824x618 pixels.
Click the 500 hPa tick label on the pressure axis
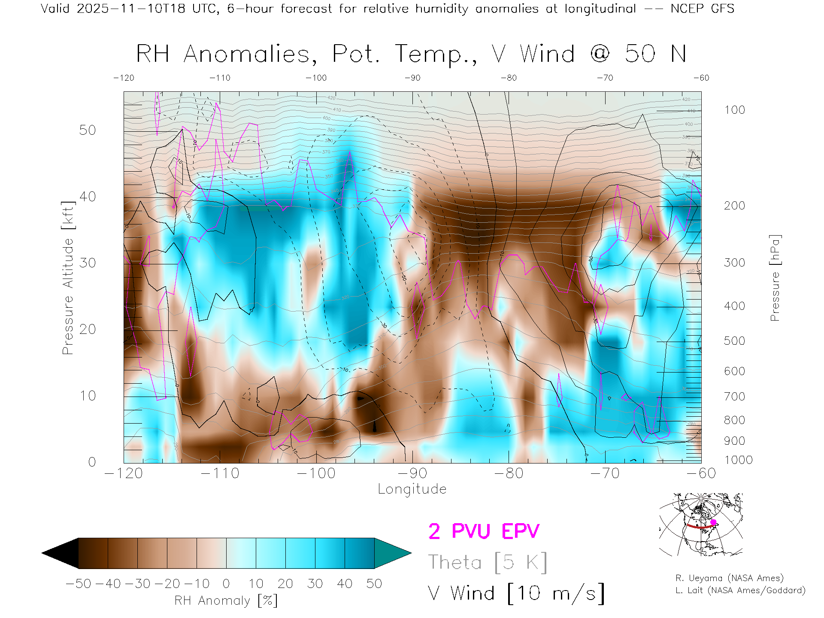[x=735, y=341]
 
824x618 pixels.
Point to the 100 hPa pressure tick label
[x=735, y=110]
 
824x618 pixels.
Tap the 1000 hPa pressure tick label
[x=738, y=460]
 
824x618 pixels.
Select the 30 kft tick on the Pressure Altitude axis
[x=88, y=263]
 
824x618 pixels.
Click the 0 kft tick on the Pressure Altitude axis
[x=92, y=462]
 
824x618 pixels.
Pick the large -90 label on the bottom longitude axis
[x=412, y=473]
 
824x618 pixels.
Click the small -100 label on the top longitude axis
[x=316, y=78]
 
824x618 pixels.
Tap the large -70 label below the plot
[x=605, y=473]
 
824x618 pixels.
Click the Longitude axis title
[x=412, y=489]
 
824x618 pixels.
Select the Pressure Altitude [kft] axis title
[x=68, y=278]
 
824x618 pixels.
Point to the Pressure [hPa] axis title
[x=775, y=278]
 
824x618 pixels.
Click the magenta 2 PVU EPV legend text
[x=484, y=531]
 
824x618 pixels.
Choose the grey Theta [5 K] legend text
[x=488, y=562]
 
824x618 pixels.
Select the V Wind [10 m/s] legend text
[x=516, y=594]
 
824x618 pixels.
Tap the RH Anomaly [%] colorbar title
[x=226, y=600]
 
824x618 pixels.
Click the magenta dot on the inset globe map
[x=713, y=522]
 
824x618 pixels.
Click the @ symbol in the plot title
[x=600, y=54]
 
